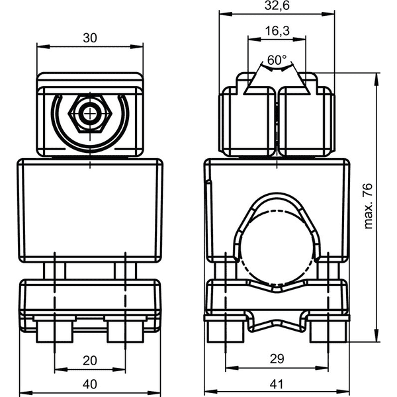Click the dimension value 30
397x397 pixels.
90,38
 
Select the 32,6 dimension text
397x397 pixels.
277,5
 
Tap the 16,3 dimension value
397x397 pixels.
277,31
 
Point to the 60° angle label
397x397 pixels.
277,60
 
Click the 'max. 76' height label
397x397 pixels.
368,206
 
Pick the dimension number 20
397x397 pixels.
90,361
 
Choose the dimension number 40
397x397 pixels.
90,384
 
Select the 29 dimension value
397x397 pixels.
277,359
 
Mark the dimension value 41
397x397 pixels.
276,384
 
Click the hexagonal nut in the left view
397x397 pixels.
90,114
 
